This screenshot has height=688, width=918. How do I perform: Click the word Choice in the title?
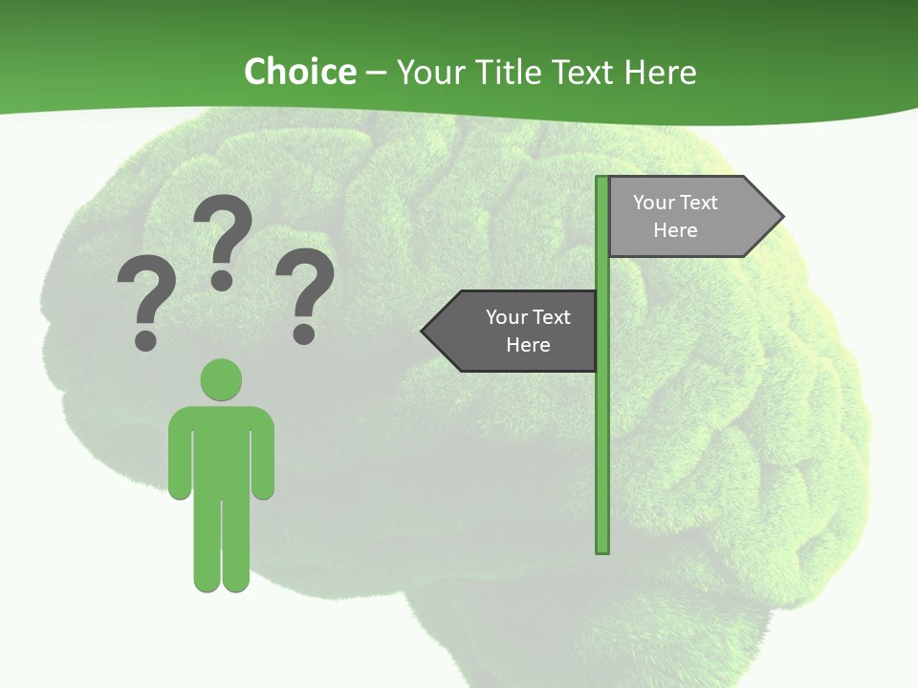click(299, 72)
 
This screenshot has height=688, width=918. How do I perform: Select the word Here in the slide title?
click(660, 72)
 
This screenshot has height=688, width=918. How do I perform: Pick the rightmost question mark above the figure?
click(305, 291)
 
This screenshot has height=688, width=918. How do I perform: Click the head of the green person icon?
click(221, 379)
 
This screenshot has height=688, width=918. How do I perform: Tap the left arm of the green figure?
click(179, 459)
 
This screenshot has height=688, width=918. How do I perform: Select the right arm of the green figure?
click(263, 459)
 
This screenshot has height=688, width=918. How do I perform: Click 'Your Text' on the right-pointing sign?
click(675, 203)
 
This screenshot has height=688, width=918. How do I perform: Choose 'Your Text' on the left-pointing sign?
click(528, 317)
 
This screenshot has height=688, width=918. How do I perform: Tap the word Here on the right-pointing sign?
click(675, 230)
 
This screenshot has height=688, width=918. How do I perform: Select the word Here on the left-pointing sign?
click(528, 345)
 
